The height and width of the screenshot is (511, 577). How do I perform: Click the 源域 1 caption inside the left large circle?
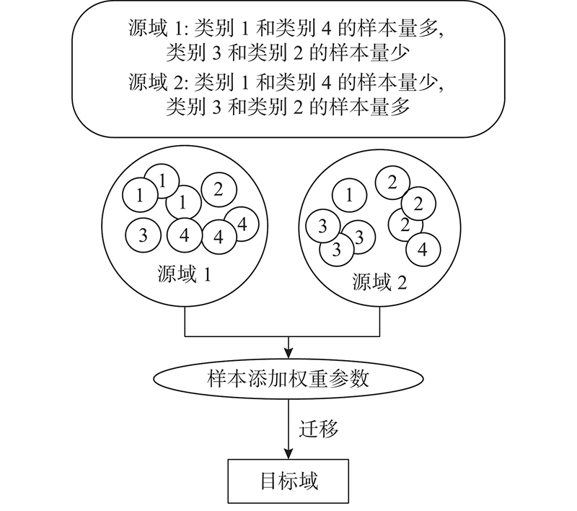(185, 274)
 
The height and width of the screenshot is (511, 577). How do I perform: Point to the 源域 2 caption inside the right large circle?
(379, 282)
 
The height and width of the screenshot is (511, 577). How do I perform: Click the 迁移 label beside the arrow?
(318, 429)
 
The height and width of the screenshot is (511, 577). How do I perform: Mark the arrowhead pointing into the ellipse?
(288, 353)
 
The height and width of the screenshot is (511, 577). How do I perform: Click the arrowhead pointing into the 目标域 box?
(288, 454)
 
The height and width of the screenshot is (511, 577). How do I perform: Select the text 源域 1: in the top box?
(158, 28)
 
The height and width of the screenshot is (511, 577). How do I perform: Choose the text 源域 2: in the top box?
(158, 82)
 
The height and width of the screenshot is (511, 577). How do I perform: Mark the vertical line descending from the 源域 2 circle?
(379, 321)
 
